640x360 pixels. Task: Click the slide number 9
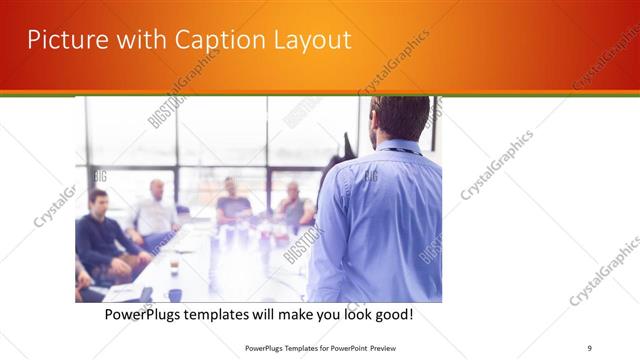[x=589, y=348]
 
